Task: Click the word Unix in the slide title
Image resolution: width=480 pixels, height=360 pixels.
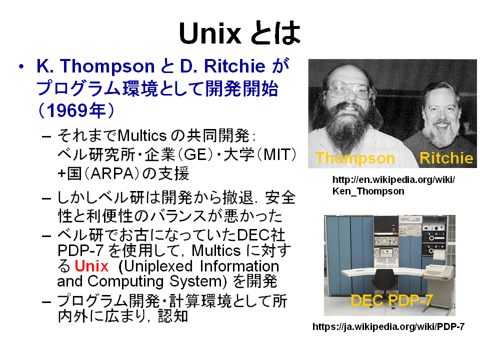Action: coord(210,33)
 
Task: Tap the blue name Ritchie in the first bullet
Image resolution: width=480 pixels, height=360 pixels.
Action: coord(234,66)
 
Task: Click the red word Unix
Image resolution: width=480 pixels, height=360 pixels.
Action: coord(91,265)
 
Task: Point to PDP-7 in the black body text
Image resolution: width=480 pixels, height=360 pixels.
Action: coord(80,250)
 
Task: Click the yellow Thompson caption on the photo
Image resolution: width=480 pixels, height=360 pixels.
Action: coord(355,158)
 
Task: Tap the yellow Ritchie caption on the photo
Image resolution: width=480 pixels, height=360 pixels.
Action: coord(446,158)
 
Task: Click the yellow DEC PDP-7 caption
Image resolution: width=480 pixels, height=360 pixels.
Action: coord(391,300)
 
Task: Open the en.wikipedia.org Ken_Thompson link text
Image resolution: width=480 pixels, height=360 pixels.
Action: coord(393,185)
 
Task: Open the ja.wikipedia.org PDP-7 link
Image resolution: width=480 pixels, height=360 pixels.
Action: coord(388,326)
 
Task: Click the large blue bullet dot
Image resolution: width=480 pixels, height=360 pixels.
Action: coord(21,66)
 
